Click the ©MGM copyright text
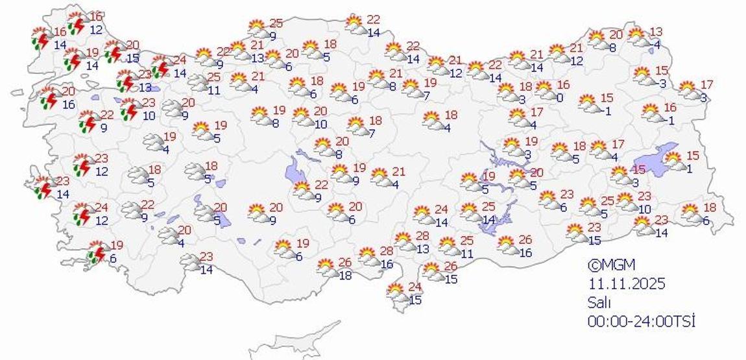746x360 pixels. pyautogui.click(x=611, y=265)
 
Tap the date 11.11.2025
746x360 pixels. pyautogui.click(x=627, y=283)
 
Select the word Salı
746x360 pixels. pyautogui.click(x=600, y=302)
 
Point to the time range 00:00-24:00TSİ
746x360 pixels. pyautogui.click(x=641, y=320)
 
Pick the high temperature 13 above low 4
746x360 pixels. pyautogui.click(x=656, y=32)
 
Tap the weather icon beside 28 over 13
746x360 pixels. pyautogui.click(x=406, y=242)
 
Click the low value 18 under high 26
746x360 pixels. pyautogui.click(x=345, y=275)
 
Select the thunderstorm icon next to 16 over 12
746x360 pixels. pyautogui.click(x=77, y=24)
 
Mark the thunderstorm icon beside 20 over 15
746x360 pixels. pyautogui.click(x=114, y=52)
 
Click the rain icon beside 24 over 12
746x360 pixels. pyautogui.click(x=82, y=214)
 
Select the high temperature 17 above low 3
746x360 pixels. pyautogui.click(x=706, y=84)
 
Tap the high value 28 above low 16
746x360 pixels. pyautogui.click(x=387, y=251)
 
